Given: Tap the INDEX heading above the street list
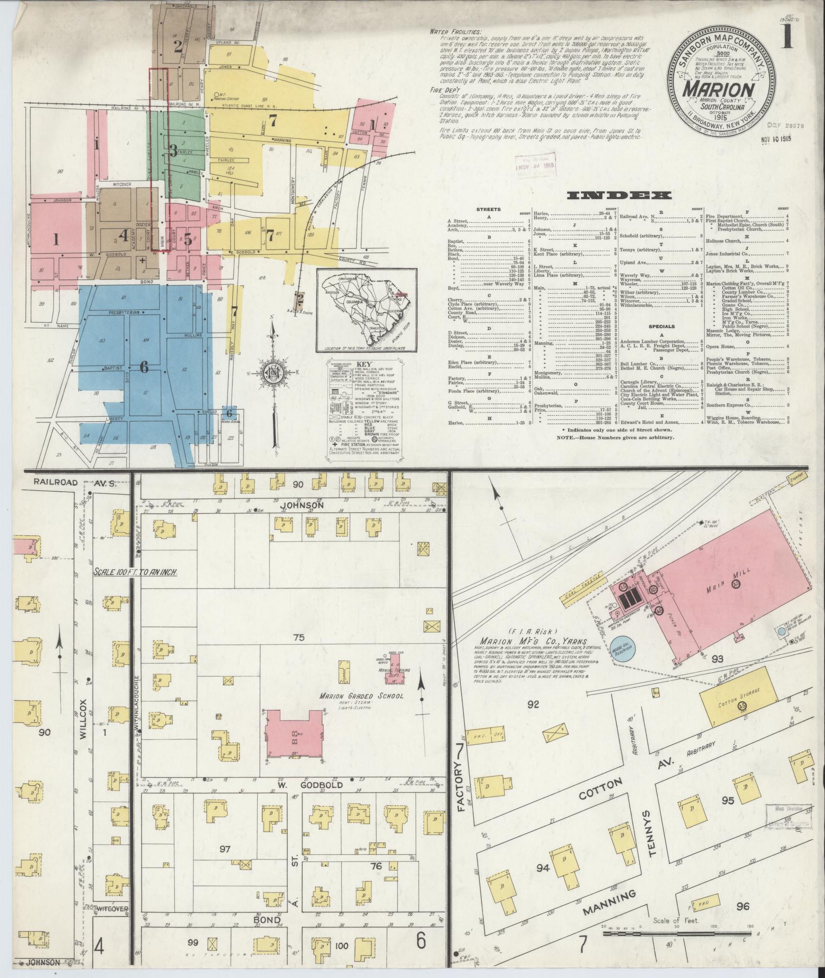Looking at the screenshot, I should [x=619, y=195].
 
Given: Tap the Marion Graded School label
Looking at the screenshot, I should [x=361, y=696].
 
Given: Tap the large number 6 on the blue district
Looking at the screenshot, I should [x=144, y=367].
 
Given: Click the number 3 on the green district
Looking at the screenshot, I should [x=173, y=151].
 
